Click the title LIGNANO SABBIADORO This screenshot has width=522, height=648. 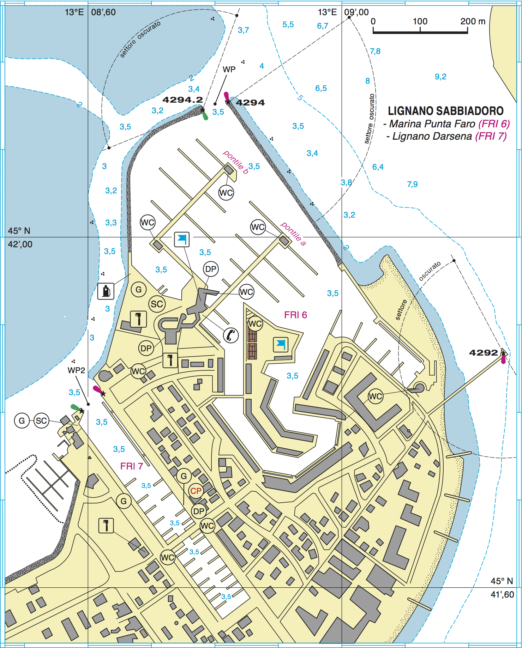click(x=445, y=111)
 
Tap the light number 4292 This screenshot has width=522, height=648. click(x=483, y=352)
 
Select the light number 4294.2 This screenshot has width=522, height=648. click(x=182, y=100)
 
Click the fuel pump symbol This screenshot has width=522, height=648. click(x=106, y=291)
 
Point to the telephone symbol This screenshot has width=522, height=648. click(x=231, y=335)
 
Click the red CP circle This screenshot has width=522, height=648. click(x=196, y=491)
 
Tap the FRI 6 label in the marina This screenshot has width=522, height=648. click(x=295, y=315)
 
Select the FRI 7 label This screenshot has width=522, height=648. click(x=131, y=466)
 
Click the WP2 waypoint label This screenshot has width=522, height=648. click(x=76, y=370)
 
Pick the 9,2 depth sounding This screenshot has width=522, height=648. click(x=440, y=77)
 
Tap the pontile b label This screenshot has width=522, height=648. click(x=236, y=162)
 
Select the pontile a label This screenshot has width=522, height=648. click(x=293, y=234)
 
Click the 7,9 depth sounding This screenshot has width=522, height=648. click(x=412, y=184)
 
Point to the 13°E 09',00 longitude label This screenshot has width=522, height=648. click(x=343, y=12)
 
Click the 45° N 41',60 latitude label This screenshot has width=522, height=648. click(x=502, y=588)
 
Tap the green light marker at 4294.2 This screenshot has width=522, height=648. click(x=205, y=116)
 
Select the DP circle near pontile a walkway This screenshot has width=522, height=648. click(x=211, y=269)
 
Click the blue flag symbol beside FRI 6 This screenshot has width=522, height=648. click(x=281, y=344)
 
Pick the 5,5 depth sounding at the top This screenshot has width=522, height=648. click(x=288, y=24)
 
